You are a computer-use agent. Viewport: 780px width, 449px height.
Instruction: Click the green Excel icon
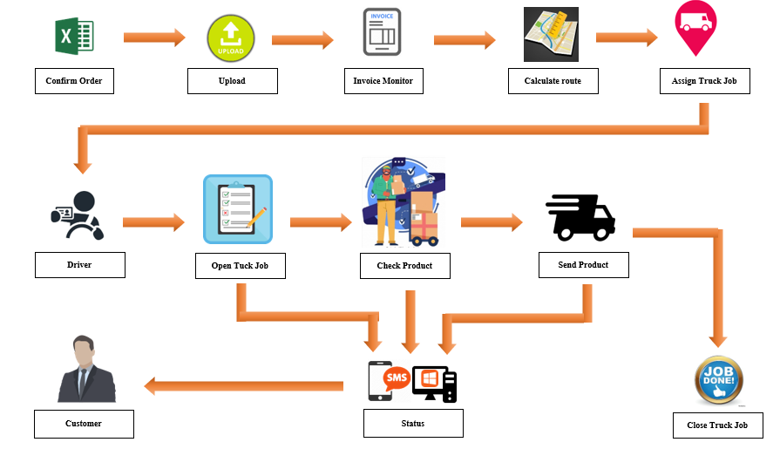pos(74,36)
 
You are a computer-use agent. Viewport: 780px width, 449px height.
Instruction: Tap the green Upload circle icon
pos(231,38)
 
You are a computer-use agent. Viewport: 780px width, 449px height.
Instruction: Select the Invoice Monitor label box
pos(383,81)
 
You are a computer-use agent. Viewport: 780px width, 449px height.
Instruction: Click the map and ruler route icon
pos(551,35)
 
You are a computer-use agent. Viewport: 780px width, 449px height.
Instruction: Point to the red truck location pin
pos(695,26)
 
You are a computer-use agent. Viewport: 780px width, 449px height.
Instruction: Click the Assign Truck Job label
pos(704,81)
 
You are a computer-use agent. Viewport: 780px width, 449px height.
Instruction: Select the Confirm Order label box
pos(74,81)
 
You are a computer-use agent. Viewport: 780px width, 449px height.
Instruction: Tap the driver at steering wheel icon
pos(78,215)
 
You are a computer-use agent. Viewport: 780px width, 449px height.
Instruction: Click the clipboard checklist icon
pos(237,209)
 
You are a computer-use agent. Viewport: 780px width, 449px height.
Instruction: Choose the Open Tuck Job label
pos(241,265)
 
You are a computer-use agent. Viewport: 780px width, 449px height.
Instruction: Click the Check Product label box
pos(404,265)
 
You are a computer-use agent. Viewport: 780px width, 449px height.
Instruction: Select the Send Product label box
pos(583,264)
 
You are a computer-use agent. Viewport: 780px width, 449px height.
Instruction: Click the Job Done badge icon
pos(718,382)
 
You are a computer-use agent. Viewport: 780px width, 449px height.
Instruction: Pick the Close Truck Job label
pos(717,425)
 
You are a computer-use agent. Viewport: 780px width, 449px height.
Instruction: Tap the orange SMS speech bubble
pos(397,378)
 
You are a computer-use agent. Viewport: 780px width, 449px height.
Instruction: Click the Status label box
pos(413,424)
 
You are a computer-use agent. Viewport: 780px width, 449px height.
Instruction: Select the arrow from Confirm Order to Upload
pos(154,37)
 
